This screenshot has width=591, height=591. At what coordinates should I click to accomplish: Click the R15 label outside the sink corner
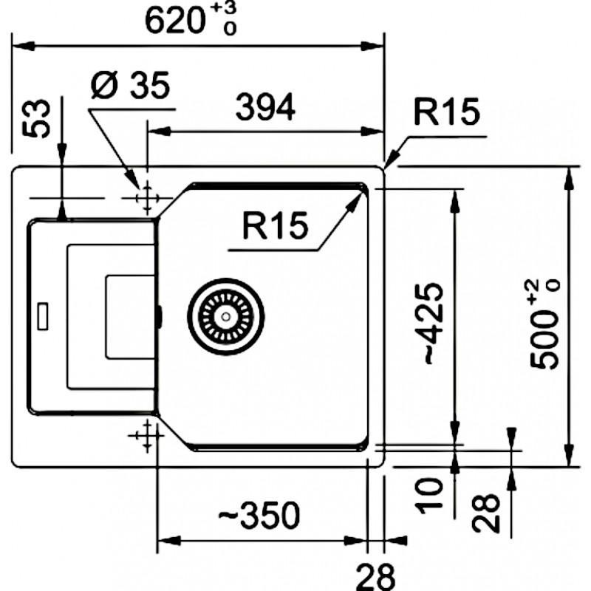click(x=445, y=113)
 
